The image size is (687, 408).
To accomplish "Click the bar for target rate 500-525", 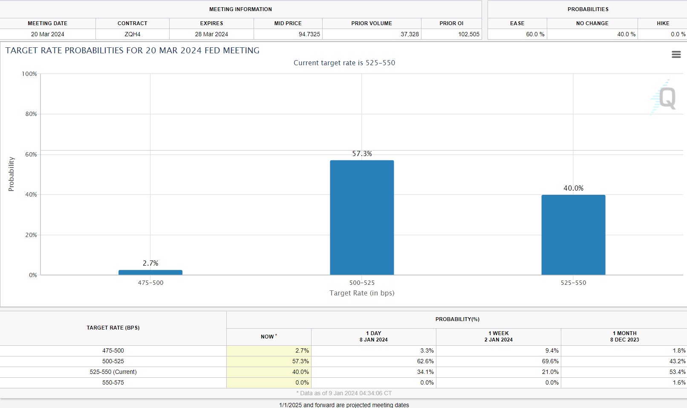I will [362, 217].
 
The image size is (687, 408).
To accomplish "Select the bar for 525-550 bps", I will [573, 234].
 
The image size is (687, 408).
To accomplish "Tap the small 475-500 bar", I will [150, 272].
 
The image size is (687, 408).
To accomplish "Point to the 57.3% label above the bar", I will [362, 153].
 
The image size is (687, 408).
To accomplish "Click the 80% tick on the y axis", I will [31, 114].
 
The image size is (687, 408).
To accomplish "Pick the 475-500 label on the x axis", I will [150, 283].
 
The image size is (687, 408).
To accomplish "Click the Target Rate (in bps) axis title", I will [362, 293].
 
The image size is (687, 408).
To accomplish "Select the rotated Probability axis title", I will [11, 174].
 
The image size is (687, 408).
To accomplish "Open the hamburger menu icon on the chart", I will [676, 55].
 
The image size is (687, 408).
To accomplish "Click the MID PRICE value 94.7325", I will [309, 34].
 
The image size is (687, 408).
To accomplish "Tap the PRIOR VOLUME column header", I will [372, 23].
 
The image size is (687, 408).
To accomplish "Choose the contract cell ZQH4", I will [133, 34].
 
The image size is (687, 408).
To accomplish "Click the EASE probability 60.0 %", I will [535, 34].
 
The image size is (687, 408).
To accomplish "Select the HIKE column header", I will [663, 23].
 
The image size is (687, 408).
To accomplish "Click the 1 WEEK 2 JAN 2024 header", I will [498, 336].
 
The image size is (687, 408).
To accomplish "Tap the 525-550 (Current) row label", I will [113, 372].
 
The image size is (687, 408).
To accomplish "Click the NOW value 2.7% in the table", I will [302, 350].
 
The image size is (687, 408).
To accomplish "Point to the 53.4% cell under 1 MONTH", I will [677, 372].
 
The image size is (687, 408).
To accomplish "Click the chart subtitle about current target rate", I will [344, 63].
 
